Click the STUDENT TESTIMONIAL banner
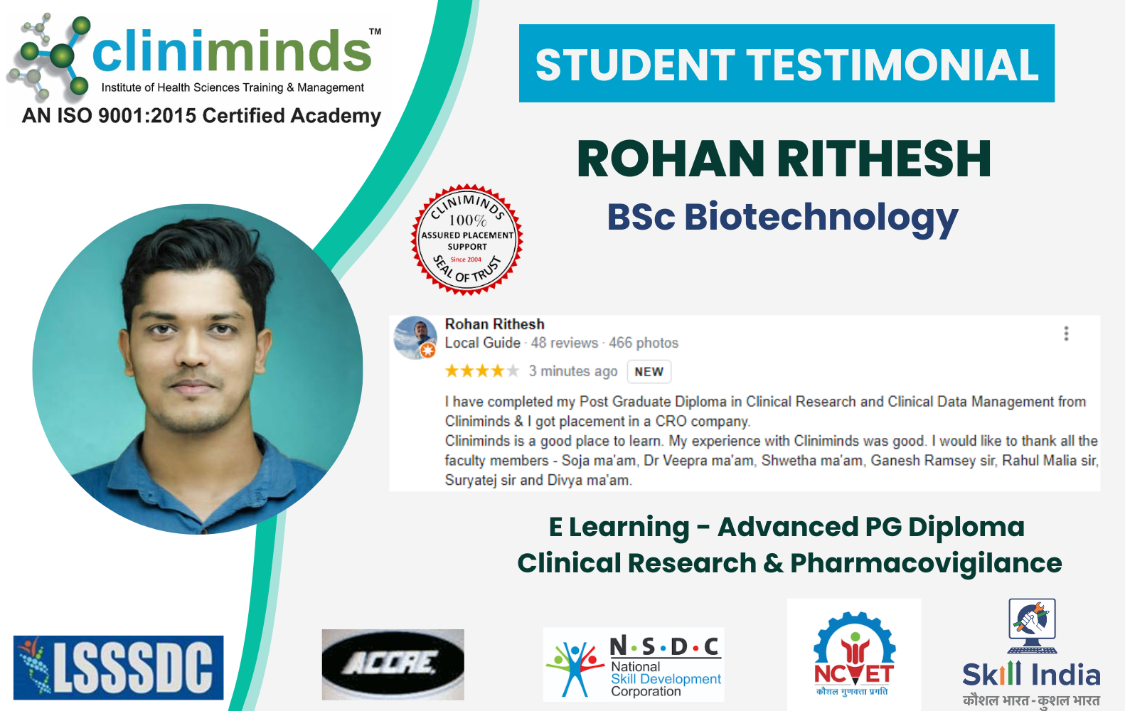tap(787, 63)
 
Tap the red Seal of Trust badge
tap(467, 240)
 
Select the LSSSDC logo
tap(119, 668)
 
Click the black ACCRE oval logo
tap(393, 664)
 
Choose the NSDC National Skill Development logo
tap(634, 664)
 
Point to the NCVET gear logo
tap(854, 653)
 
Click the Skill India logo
tap(1032, 653)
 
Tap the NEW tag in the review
tap(649, 372)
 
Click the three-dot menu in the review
tap(1066, 333)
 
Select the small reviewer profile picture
tap(415, 338)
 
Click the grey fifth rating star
tap(512, 371)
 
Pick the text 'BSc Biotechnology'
tap(782, 218)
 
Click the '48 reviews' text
tap(565, 343)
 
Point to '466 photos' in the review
tap(644, 343)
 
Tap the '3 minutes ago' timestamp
tap(573, 372)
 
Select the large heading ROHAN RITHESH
tap(784, 159)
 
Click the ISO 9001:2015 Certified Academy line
tap(201, 116)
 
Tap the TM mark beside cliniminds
tap(375, 31)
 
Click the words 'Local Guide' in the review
tap(483, 343)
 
